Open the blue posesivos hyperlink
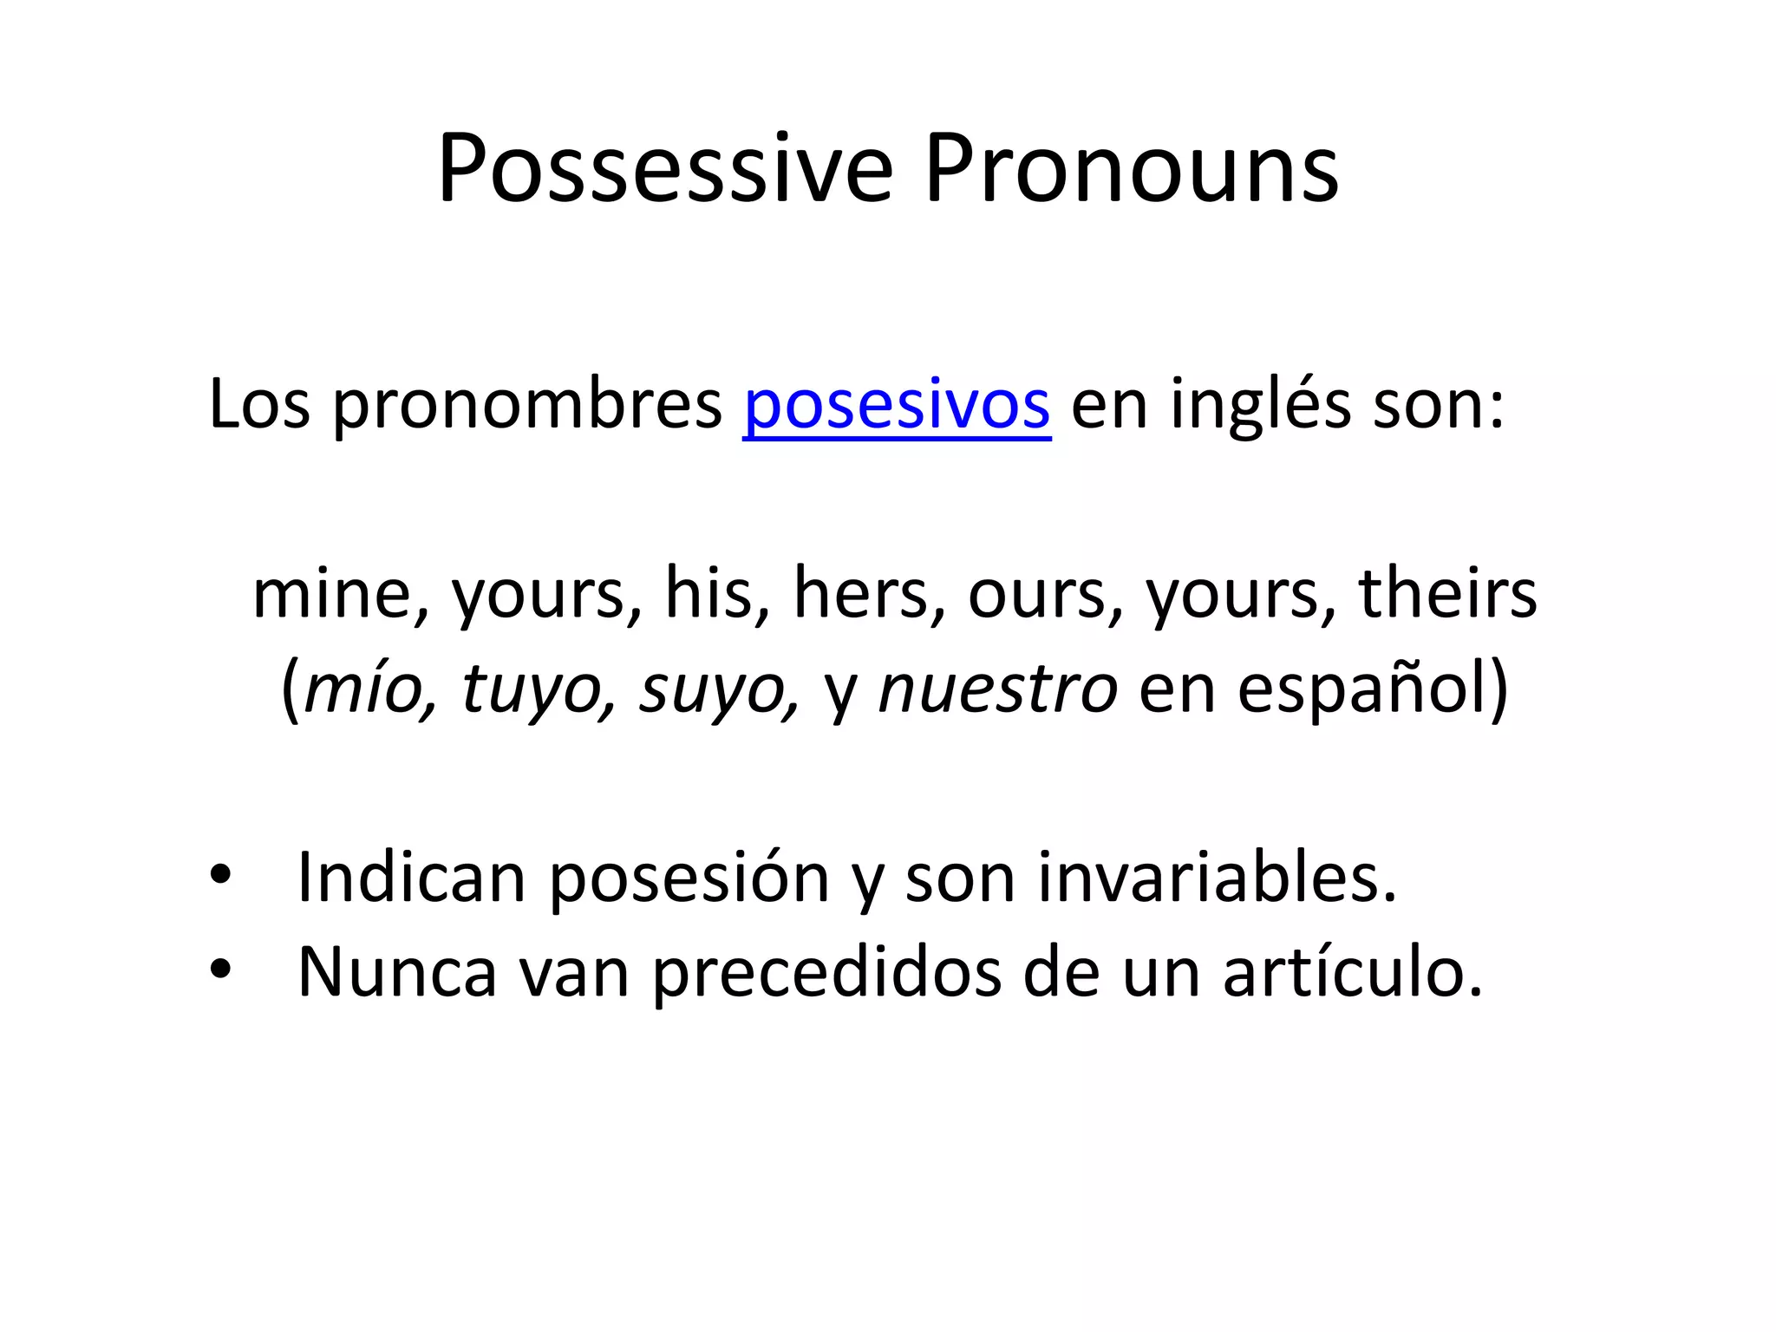[x=897, y=405]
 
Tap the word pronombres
[x=527, y=405]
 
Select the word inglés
[x=1260, y=405]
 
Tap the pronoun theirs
[x=1447, y=594]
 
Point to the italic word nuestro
[x=998, y=689]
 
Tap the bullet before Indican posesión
[x=220, y=875]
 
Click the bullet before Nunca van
[x=220, y=970]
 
